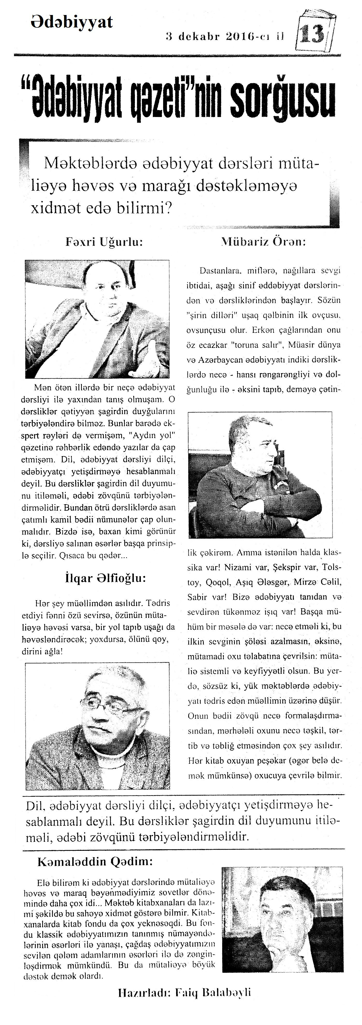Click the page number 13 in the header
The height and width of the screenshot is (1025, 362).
coord(313,36)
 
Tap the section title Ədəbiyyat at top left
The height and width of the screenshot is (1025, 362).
coord(72,22)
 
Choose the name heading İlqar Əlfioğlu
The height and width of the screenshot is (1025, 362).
coord(105,578)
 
